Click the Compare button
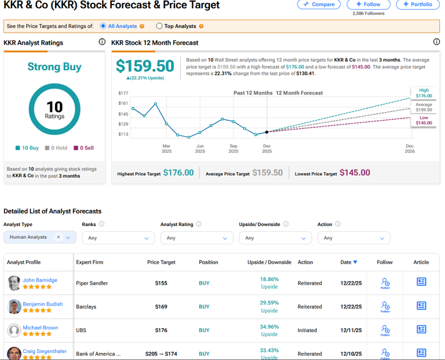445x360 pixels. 319,5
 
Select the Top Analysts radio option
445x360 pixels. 159,26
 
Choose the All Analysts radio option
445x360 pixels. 103,26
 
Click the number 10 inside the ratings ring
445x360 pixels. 54,106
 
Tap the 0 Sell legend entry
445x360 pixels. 84,148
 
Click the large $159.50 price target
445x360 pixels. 145,66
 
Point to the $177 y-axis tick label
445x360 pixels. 123,93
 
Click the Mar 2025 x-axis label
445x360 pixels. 167,148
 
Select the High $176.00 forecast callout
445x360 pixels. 424,93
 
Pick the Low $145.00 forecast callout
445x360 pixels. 424,121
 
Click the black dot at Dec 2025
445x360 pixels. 267,132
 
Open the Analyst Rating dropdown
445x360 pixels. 196,238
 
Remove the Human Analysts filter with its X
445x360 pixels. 58,237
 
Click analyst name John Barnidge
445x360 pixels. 40,280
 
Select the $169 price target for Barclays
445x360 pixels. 161,307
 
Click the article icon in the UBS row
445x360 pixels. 421,329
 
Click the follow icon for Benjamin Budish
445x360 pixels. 385,306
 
